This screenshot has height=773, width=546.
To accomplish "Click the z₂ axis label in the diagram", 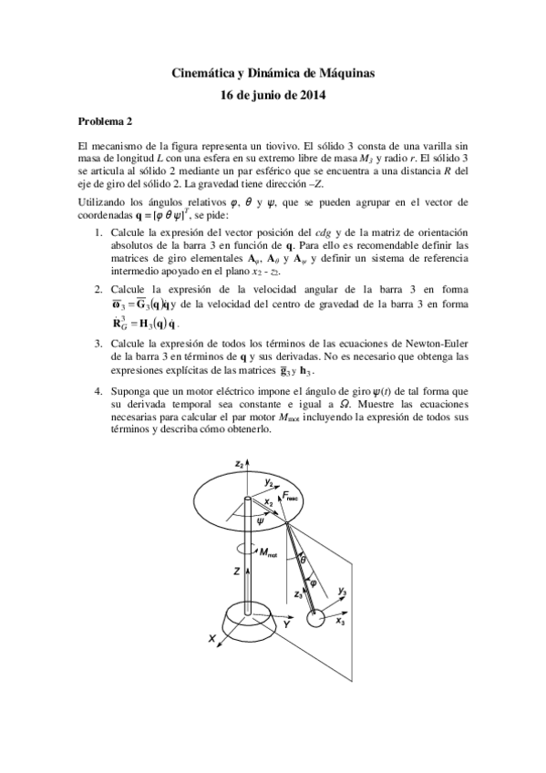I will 239,464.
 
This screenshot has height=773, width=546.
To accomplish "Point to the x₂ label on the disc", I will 268,500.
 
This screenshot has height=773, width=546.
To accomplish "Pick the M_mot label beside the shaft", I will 267,551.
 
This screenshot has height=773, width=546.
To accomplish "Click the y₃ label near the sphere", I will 343,593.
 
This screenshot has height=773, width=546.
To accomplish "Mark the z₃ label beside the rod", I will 298,593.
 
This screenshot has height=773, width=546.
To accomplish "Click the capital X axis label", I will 212,641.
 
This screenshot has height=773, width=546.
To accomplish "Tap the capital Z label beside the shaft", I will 236,570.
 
